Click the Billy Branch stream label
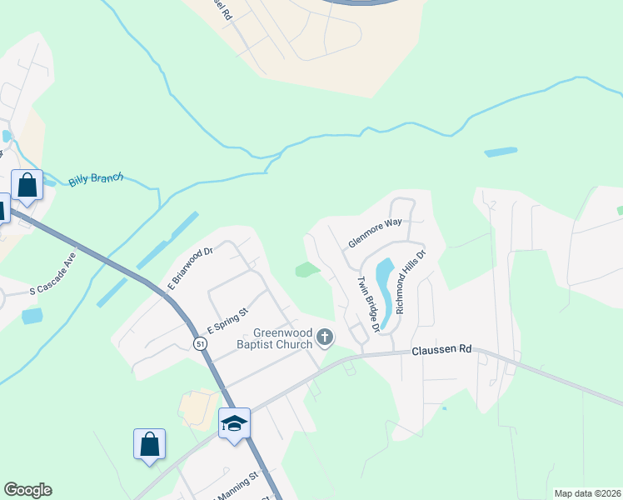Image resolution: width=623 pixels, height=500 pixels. [x=96, y=178]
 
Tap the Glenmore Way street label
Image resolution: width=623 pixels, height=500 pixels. [x=375, y=233]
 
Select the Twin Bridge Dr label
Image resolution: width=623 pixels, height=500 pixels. [x=368, y=305]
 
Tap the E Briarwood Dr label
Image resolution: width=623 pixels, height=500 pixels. [x=190, y=267]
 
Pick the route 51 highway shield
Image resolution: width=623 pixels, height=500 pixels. [x=200, y=343]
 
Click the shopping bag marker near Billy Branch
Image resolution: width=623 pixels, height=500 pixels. [x=27, y=184]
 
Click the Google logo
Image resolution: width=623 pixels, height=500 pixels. [x=27, y=490]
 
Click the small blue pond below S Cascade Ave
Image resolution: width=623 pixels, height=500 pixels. [x=32, y=316]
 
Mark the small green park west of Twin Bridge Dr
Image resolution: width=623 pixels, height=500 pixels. [x=307, y=269]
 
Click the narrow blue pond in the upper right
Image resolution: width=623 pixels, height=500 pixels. [x=501, y=152]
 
